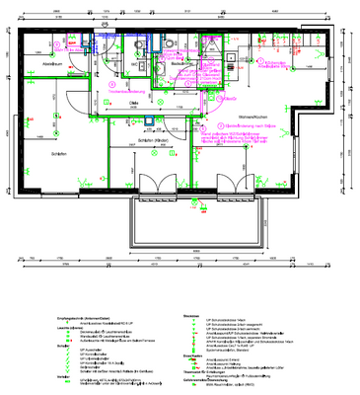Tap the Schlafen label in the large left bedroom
pos(36,154)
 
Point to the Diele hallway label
pos(131,100)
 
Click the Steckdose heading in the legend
pos(190,315)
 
